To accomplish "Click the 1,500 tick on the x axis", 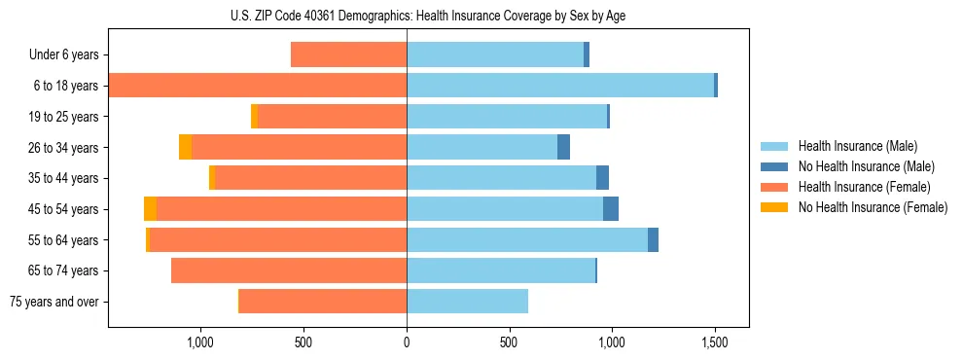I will [x=715, y=342].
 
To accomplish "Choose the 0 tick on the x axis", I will [x=407, y=342].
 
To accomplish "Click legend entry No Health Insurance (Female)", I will [x=873, y=207].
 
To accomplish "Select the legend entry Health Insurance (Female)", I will [x=864, y=187].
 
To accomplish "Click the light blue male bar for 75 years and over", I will [x=467, y=302].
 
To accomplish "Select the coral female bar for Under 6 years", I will [x=348, y=55].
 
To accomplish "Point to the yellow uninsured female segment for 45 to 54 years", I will [x=150, y=209].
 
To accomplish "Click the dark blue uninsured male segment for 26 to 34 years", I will [x=563, y=148].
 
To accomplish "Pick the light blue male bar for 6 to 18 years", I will [x=560, y=86].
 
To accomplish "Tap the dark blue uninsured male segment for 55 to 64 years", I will [x=653, y=240].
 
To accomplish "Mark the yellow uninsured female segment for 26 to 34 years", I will [x=185, y=148].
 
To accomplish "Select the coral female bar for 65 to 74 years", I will [x=289, y=270].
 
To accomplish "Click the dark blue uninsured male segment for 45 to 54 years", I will [x=611, y=209].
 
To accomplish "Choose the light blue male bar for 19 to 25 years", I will [x=507, y=117].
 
